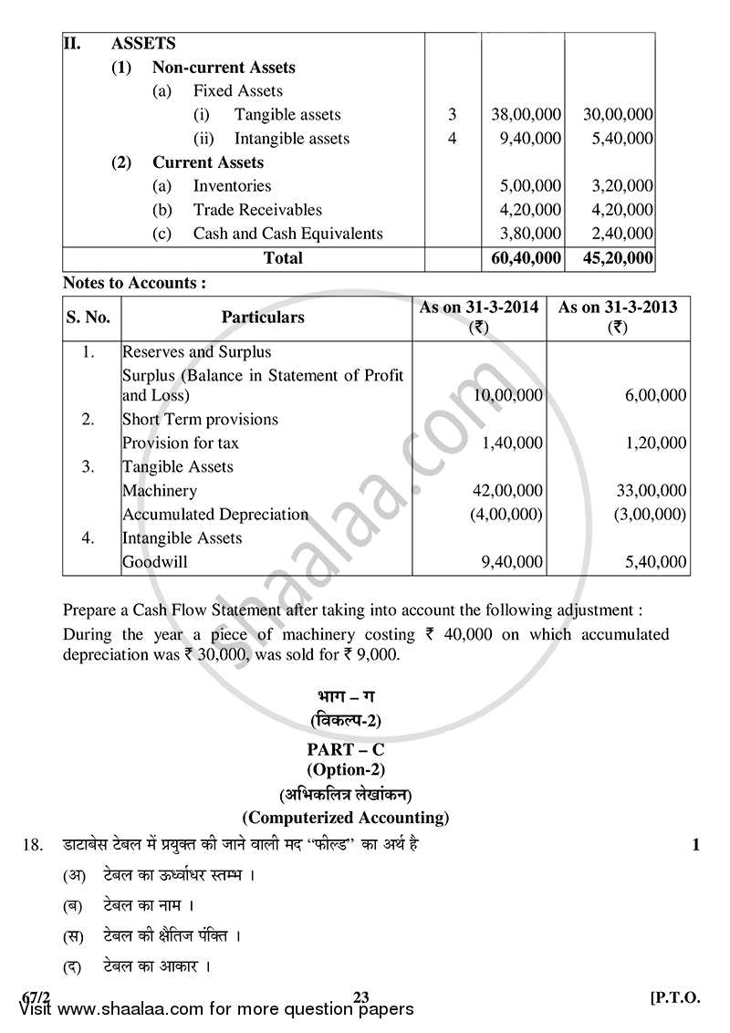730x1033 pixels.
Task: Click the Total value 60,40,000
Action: [523, 258]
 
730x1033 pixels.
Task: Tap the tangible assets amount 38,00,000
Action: [523, 115]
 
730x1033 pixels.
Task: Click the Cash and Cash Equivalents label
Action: [287, 234]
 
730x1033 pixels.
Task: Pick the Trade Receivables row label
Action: [257, 210]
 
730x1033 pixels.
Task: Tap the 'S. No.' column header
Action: [89, 318]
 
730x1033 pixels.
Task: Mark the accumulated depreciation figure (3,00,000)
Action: [649, 515]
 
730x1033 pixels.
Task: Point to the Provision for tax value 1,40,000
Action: [512, 443]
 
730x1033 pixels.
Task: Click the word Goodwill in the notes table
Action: [155, 562]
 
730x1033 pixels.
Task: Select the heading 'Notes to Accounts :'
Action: [133, 283]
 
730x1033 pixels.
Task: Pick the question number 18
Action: [33, 845]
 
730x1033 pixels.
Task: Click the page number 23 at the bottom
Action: [360, 996]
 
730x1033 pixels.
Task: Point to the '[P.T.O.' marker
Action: [674, 996]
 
